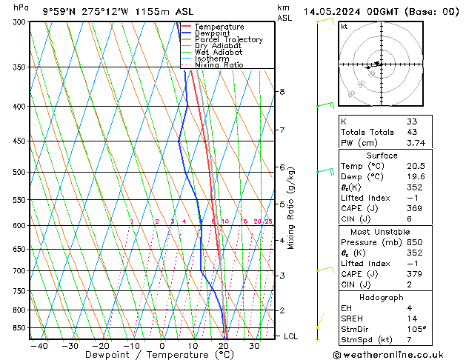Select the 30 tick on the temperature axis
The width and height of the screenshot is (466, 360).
[x=254, y=345]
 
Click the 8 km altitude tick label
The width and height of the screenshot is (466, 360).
[x=282, y=92]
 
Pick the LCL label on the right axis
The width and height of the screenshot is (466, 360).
[x=290, y=336]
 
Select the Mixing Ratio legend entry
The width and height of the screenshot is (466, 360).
[x=219, y=65]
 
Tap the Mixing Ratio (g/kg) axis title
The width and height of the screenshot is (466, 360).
[x=292, y=208]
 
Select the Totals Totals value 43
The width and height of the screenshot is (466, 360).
[x=411, y=133]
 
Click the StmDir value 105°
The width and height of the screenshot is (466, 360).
[x=416, y=329]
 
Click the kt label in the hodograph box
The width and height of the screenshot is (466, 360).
[x=344, y=26]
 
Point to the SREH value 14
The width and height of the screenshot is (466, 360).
[x=411, y=318]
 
